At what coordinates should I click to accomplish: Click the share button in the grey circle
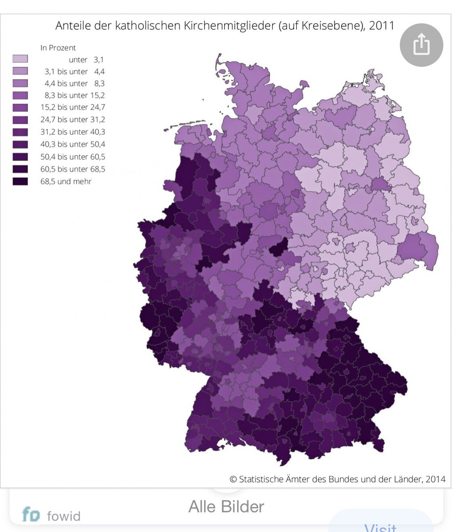(x=421, y=45)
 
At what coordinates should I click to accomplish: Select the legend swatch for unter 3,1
(x=20, y=59)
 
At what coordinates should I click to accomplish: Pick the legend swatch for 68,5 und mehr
(x=20, y=181)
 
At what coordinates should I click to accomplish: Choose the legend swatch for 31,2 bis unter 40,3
(x=20, y=132)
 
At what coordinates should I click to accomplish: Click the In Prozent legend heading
(x=58, y=47)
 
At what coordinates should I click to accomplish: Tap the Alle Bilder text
(x=226, y=506)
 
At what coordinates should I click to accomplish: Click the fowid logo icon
(x=31, y=515)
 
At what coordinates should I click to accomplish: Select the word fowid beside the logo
(x=63, y=516)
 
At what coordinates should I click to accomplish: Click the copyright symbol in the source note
(x=233, y=479)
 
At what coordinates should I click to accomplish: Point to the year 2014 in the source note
(x=435, y=479)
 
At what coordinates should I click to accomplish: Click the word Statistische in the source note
(x=262, y=479)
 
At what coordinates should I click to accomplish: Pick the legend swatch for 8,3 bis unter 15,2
(x=20, y=95)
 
